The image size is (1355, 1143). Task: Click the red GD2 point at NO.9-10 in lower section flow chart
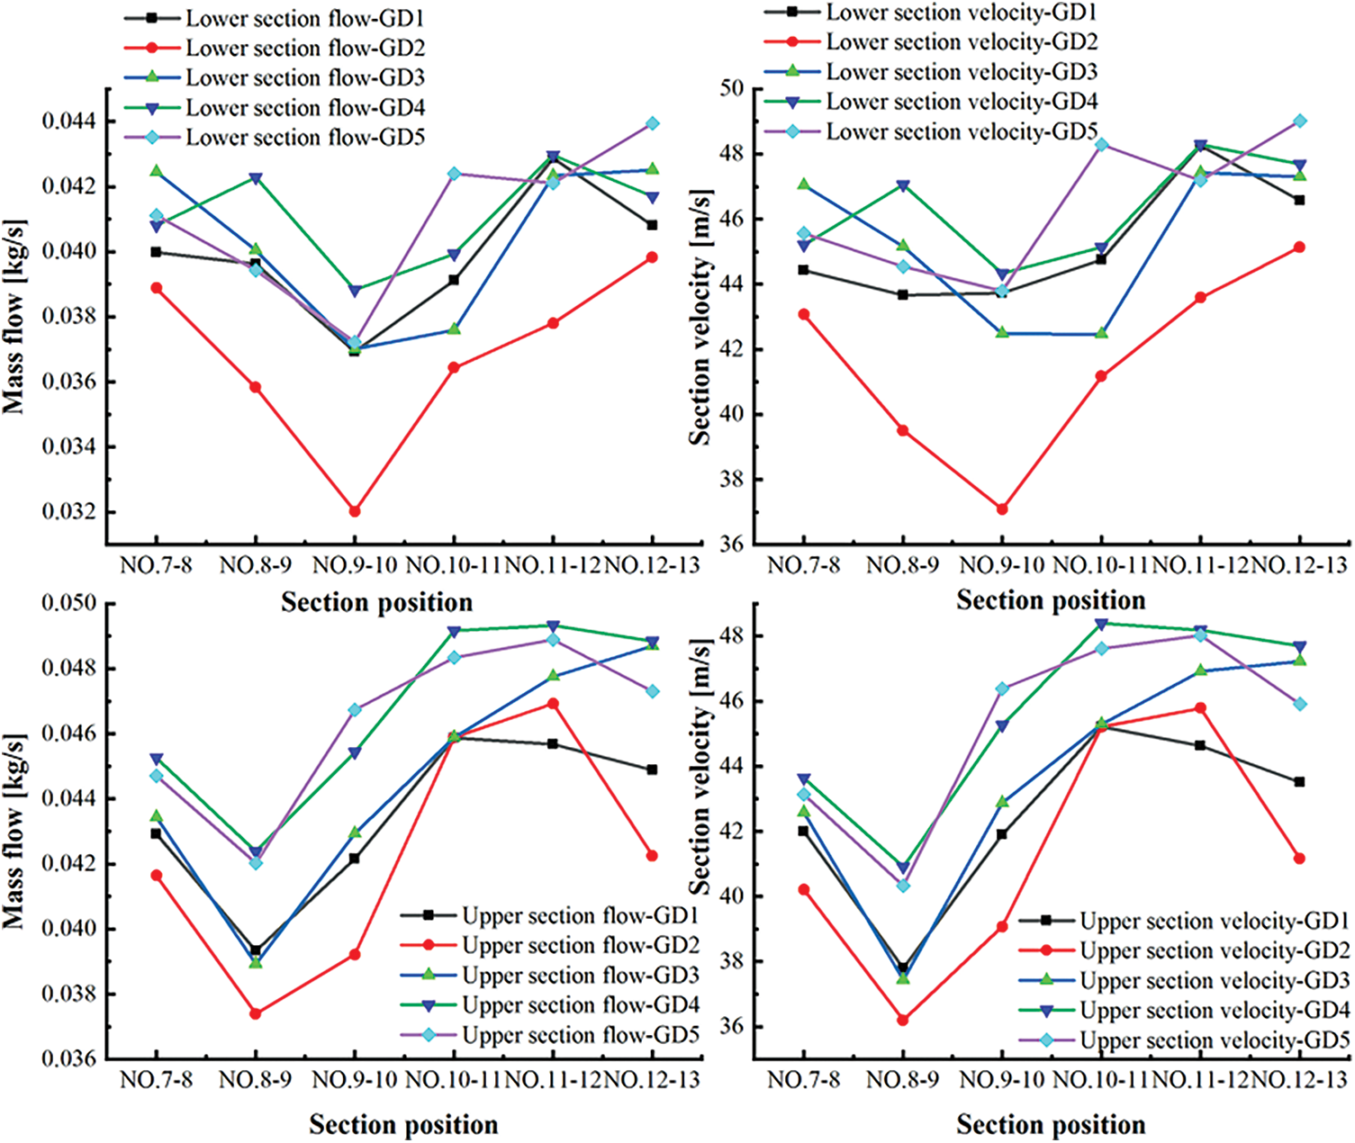click(355, 511)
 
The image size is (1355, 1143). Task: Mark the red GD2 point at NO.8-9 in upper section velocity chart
click(902, 1020)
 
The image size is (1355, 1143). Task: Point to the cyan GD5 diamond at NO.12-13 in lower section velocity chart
click(1300, 121)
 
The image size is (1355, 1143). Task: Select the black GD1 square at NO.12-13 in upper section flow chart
click(652, 769)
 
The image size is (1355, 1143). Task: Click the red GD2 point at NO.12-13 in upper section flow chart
click(652, 856)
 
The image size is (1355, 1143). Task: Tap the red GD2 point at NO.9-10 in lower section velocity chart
click(1001, 508)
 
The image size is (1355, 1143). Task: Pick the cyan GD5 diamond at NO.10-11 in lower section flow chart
click(454, 174)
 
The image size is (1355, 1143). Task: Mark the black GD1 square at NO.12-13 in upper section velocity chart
click(1299, 782)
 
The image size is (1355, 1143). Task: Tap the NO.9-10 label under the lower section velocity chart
click(1001, 566)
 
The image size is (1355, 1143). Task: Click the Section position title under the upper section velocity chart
click(1051, 1125)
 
